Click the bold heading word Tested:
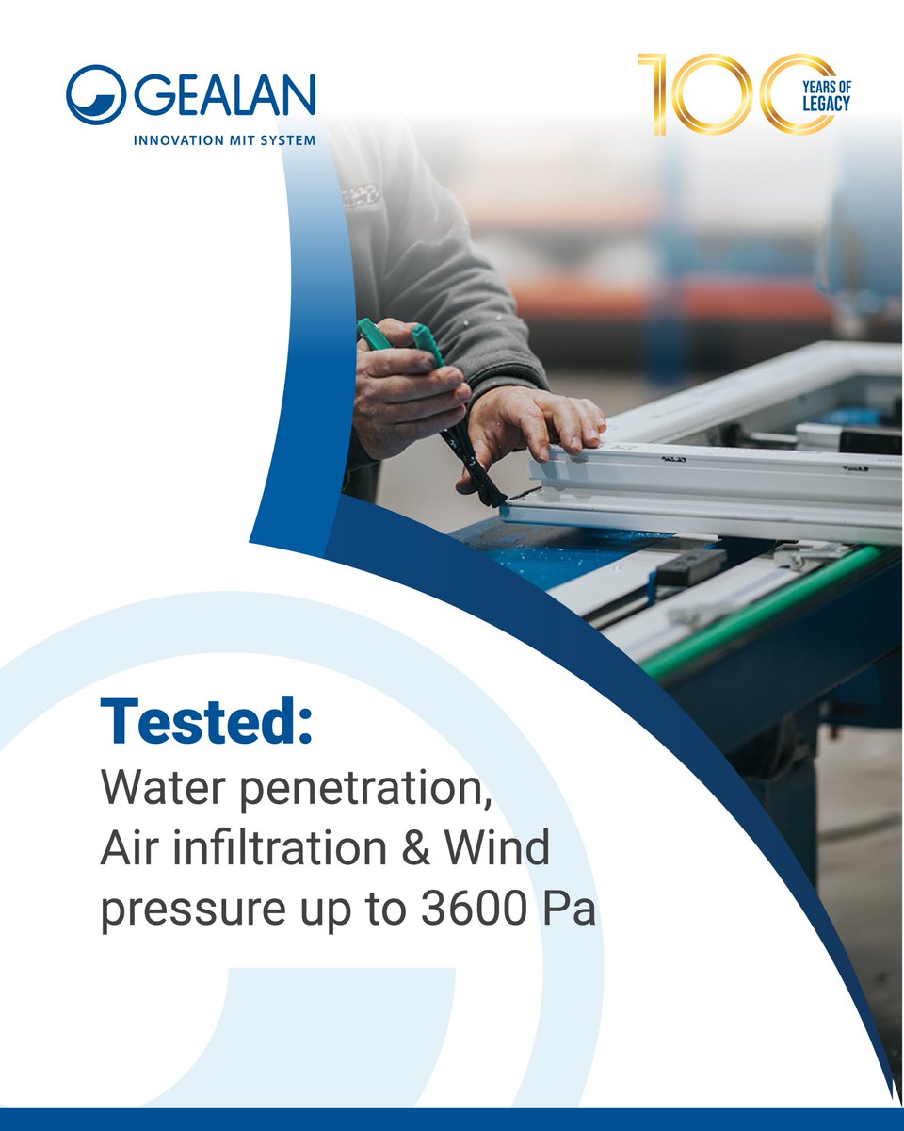[x=206, y=724]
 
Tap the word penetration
[x=368, y=790]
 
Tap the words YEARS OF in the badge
[x=826, y=86]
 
